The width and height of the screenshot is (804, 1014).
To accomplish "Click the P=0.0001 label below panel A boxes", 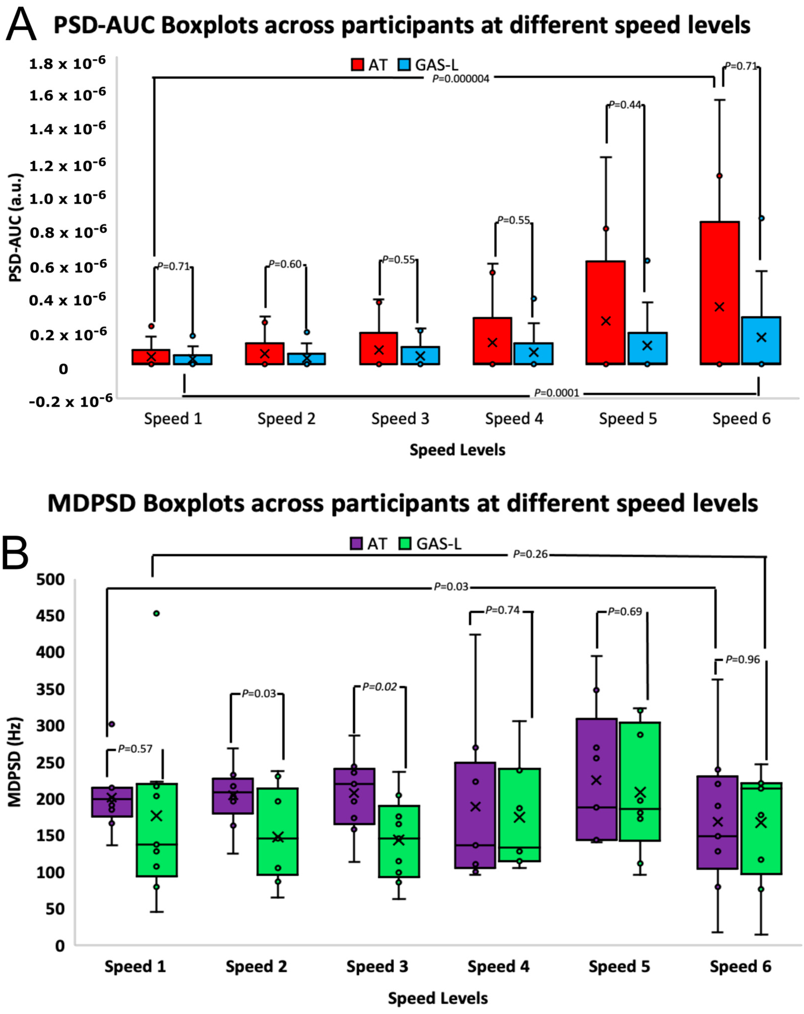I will pos(556,393).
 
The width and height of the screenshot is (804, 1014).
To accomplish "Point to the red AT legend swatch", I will pos(357,65).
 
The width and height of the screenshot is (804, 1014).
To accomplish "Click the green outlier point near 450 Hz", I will pos(157,613).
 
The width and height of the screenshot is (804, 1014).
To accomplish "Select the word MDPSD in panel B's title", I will pos(91,504).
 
